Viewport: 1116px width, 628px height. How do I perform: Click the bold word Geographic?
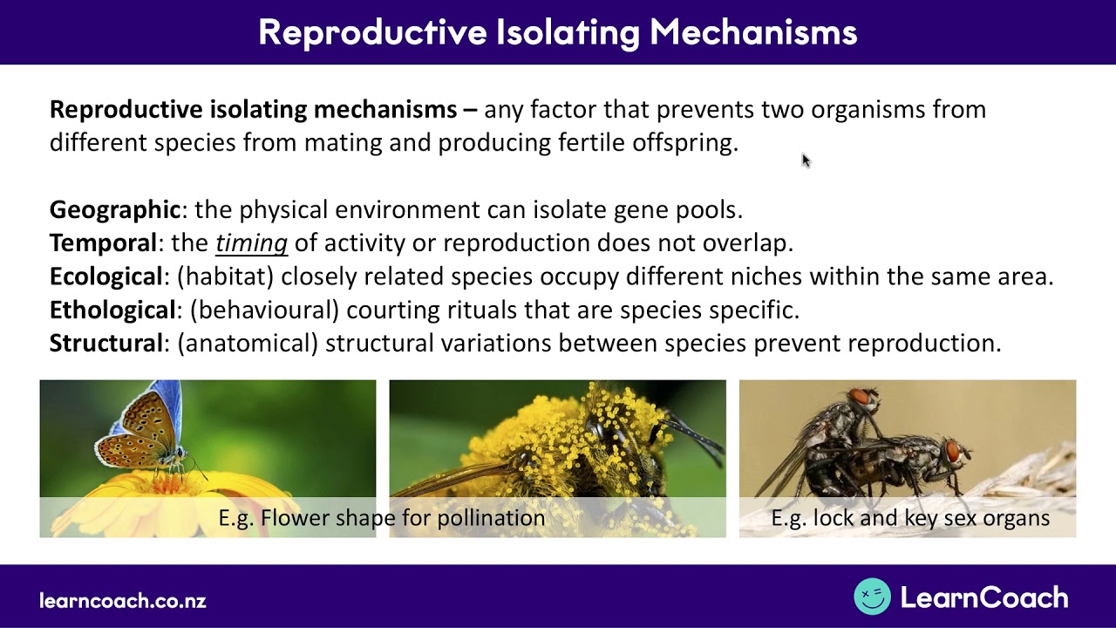coord(115,210)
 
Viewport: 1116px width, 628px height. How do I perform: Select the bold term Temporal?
coord(104,242)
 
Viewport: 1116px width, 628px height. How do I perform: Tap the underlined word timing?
coord(252,243)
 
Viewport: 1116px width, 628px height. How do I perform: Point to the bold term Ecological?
coord(106,276)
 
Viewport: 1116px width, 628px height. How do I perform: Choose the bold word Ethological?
coord(113,310)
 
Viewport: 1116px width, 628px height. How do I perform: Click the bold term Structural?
coord(106,343)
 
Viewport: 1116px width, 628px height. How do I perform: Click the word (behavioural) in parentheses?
coord(264,310)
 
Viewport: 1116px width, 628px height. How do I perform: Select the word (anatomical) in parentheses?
coord(248,344)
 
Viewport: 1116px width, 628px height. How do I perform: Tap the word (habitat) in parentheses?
coord(226,276)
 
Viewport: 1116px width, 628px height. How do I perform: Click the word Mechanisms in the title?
coord(753,32)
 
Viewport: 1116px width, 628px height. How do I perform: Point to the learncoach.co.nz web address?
coord(123,600)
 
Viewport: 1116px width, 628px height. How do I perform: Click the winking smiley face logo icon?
coord(872,596)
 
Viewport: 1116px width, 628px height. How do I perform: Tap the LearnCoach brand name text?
coord(984,597)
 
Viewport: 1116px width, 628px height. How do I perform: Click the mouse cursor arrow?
coord(806,160)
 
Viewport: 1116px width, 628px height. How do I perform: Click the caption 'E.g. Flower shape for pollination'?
coord(382,518)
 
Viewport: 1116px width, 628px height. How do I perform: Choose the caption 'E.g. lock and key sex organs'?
coord(910,518)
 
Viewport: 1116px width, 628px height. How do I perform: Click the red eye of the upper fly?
coord(861,397)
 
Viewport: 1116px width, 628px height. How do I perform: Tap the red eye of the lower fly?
coord(952,451)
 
